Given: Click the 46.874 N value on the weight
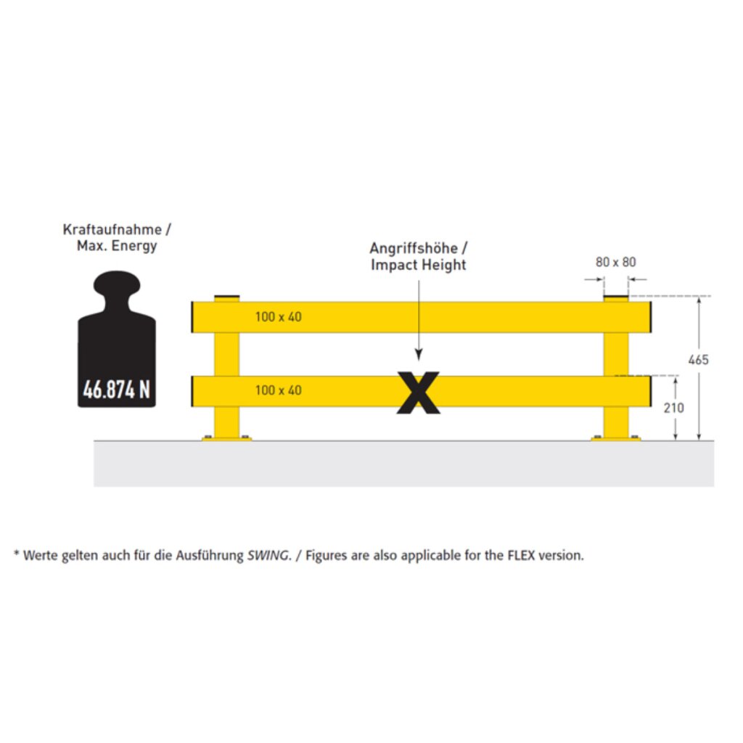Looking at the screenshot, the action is click(x=117, y=390).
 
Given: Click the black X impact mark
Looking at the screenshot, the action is click(x=419, y=393).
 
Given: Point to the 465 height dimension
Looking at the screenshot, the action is click(x=699, y=360).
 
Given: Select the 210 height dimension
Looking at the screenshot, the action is click(x=673, y=408).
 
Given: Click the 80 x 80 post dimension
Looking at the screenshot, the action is click(x=615, y=262).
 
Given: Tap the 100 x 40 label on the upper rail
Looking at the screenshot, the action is click(x=278, y=316).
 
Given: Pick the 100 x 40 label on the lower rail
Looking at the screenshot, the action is click(x=278, y=390).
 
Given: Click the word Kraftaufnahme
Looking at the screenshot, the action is click(x=112, y=229).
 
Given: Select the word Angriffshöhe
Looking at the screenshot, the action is click(x=414, y=248).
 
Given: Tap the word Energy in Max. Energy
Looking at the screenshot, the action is click(x=134, y=246).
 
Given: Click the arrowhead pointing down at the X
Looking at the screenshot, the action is click(x=419, y=355).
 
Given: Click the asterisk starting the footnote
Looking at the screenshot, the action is click(x=17, y=553).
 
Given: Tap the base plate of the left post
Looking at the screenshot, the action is click(x=226, y=439).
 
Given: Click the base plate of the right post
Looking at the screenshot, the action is click(x=615, y=439).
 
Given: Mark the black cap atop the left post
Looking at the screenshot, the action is click(x=227, y=298).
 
